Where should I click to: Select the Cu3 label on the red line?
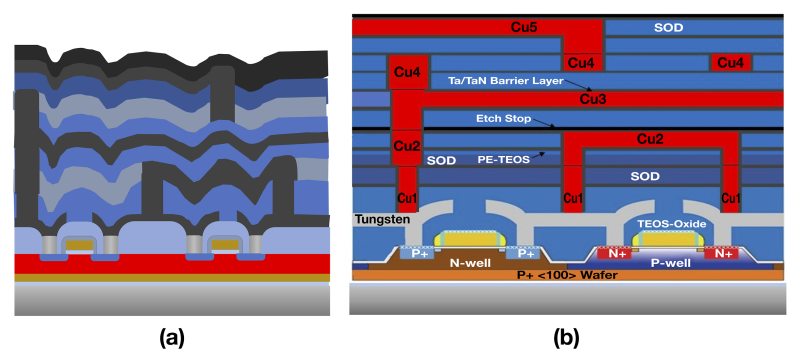[594, 99]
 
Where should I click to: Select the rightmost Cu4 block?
[731, 64]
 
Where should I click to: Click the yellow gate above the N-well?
[467, 238]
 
